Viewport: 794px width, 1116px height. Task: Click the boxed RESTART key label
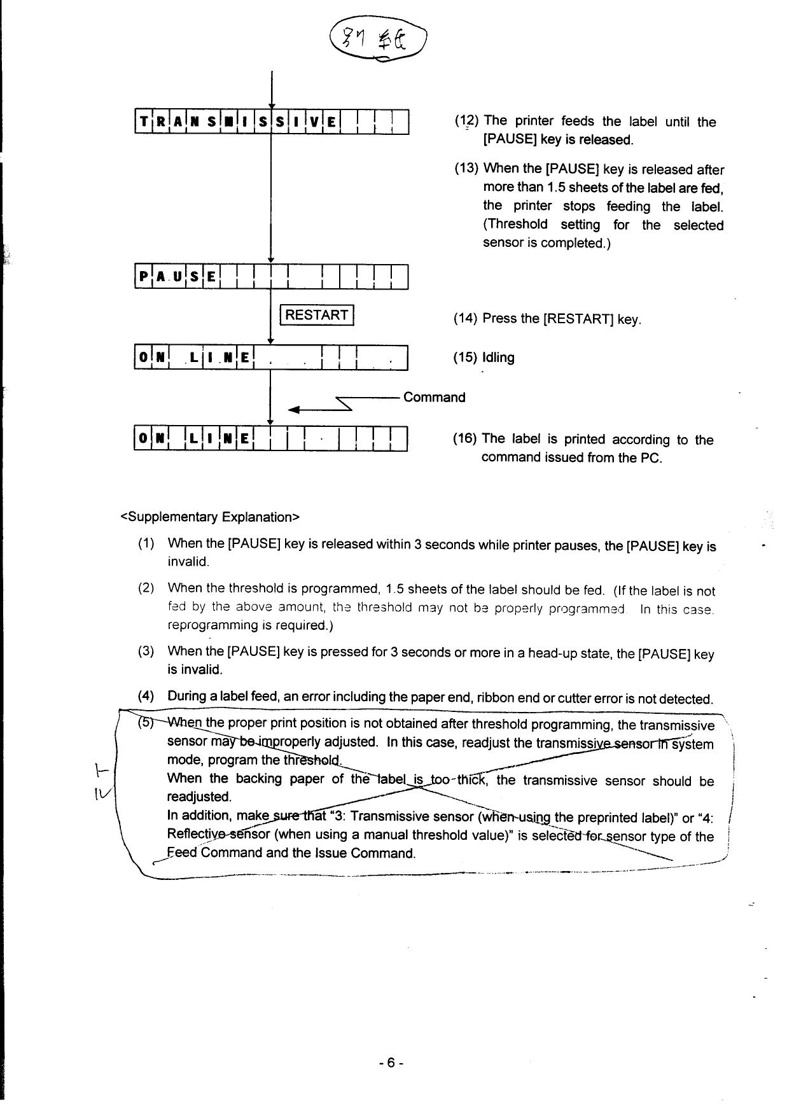pyautogui.click(x=317, y=315)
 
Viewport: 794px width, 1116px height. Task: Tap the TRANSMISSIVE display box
pyautogui.click(x=271, y=123)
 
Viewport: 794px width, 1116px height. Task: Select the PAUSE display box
pyautogui.click(x=271, y=276)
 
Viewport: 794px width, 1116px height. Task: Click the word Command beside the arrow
pyautogui.click(x=435, y=398)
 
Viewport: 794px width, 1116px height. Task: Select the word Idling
pyautogui.click(x=498, y=358)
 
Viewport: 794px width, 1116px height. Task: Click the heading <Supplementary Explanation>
pyautogui.click(x=210, y=517)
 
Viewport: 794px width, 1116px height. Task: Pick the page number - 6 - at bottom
pyautogui.click(x=391, y=1063)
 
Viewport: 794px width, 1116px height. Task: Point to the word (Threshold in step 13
pyautogui.click(x=515, y=225)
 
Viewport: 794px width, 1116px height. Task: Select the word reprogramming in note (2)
pyautogui.click(x=205, y=625)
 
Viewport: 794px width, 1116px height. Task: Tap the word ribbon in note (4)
pyautogui.click(x=498, y=699)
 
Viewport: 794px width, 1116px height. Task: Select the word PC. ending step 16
pyautogui.click(x=652, y=457)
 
